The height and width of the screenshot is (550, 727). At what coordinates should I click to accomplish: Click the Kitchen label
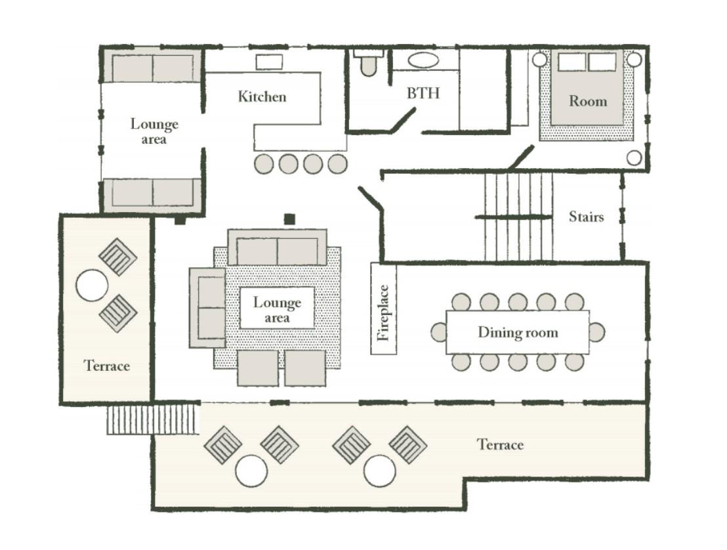point(262,96)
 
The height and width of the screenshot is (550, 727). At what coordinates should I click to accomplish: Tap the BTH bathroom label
point(423,93)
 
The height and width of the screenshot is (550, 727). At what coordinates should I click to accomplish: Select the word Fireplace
point(383,312)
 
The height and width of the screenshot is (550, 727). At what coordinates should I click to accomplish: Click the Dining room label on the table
point(518,332)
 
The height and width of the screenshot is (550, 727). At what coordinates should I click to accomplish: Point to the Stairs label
point(586,217)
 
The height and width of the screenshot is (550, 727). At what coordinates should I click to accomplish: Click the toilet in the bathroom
point(369,62)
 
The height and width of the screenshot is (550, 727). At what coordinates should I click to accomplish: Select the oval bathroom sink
point(423,60)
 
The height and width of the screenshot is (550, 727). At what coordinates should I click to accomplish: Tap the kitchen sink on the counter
point(270,62)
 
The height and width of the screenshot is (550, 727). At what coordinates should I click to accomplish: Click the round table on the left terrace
point(92,286)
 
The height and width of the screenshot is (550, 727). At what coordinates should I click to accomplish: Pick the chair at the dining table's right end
point(597,332)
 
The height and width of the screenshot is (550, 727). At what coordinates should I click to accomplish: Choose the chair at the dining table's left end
point(438,332)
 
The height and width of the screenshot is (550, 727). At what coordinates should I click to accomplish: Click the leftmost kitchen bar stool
point(264,163)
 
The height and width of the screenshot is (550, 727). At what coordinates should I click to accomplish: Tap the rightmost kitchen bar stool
point(337,163)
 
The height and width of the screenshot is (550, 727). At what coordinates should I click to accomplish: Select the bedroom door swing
point(521,158)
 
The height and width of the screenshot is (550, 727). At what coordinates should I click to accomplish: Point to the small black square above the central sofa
point(290,219)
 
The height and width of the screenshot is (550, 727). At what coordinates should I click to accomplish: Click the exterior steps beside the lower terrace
point(152,419)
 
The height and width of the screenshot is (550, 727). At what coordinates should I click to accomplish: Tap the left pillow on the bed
point(571,62)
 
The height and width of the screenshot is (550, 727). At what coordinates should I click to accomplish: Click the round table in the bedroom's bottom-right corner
point(634,158)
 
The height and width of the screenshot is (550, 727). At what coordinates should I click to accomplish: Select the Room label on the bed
point(588,100)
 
